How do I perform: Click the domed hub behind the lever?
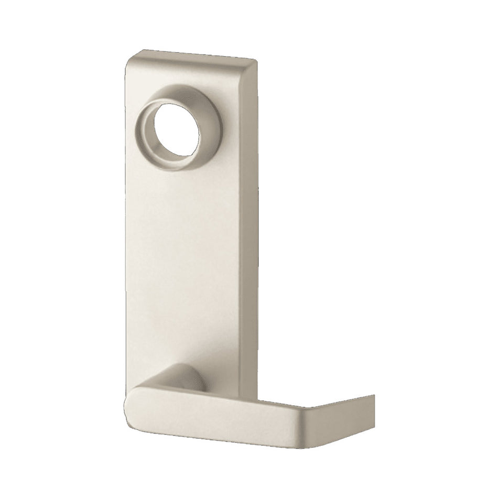[186, 377]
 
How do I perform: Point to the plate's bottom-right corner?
[257, 393]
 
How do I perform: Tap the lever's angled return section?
[341, 414]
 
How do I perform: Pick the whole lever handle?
[236, 414]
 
